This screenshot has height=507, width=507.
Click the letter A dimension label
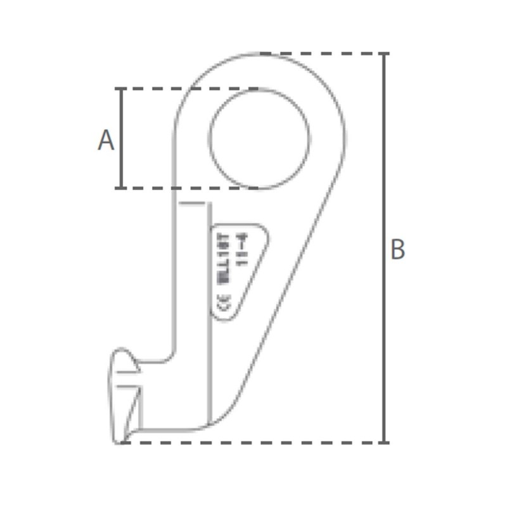click(x=106, y=140)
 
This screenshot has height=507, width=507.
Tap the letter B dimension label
click(x=397, y=250)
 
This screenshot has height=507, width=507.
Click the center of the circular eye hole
click(x=260, y=139)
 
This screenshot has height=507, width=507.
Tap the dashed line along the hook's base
click(x=253, y=442)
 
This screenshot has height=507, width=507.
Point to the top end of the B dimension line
click(x=384, y=55)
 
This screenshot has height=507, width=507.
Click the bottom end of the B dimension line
click(x=384, y=442)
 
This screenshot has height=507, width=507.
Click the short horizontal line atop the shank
click(x=193, y=203)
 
